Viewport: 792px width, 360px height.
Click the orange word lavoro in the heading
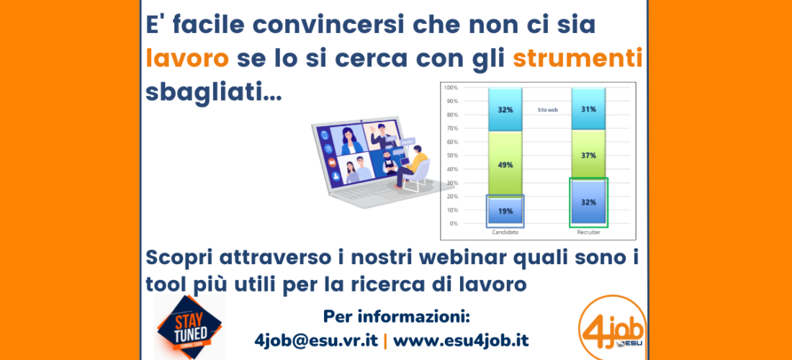click(x=187, y=59)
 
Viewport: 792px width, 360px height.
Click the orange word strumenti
click(x=578, y=59)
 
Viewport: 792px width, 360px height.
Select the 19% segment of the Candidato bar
click(x=505, y=211)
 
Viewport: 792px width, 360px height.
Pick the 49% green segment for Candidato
click(x=505, y=164)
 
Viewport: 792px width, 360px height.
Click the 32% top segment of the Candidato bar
click(x=505, y=109)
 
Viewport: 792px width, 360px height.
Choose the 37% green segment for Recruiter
click(x=588, y=155)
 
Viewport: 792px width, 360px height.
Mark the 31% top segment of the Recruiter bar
click(x=588, y=109)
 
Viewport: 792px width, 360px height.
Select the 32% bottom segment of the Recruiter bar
click(x=588, y=202)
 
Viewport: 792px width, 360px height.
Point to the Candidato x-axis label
click(x=505, y=233)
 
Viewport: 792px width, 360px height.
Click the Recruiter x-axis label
click(x=588, y=233)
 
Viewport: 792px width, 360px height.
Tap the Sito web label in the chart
click(x=547, y=109)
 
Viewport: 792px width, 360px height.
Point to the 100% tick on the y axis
click(x=451, y=88)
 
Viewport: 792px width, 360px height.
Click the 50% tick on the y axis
click(x=451, y=156)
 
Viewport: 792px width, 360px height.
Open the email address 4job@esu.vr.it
click(x=317, y=341)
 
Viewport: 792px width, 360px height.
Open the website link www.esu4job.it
click(x=461, y=341)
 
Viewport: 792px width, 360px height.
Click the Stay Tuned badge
click(x=189, y=327)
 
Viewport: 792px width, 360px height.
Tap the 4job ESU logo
click(x=612, y=327)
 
